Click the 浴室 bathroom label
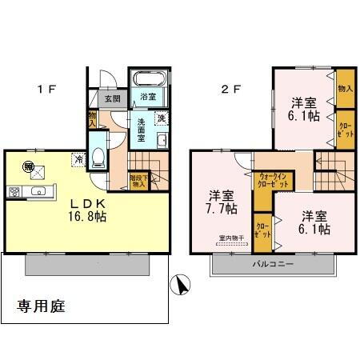point(148,98)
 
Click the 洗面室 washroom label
point(141,128)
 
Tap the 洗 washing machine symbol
point(161,119)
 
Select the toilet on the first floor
point(98,157)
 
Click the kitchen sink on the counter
point(38,192)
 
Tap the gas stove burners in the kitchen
point(14,192)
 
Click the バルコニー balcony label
point(274,264)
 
